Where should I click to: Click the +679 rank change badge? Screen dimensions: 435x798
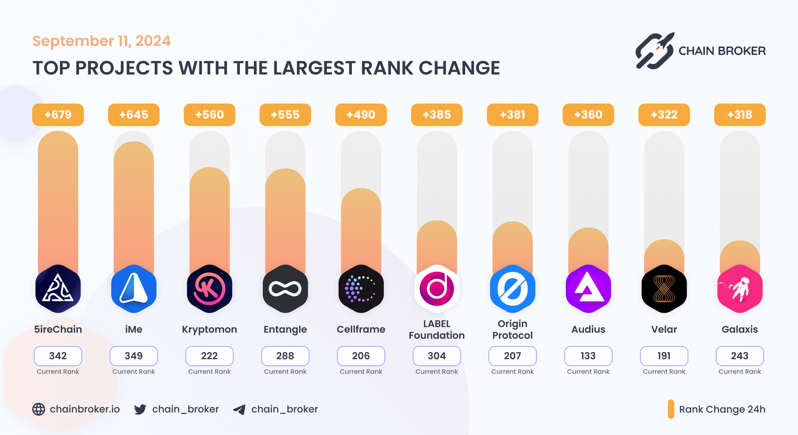58,115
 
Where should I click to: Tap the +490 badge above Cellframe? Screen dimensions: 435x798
361,115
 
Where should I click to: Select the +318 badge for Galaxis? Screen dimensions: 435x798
740,115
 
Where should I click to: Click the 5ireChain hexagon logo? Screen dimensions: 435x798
58,289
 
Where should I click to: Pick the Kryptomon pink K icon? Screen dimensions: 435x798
210,289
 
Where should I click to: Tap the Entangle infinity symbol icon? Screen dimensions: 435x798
285,289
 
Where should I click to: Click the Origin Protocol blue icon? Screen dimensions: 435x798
513,289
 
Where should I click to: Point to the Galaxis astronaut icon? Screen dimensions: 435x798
740,289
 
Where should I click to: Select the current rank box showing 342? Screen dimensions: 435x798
58,356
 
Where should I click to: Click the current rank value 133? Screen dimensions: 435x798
588,356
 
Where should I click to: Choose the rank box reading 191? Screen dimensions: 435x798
664,356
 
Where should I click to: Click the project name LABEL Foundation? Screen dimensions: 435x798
437,329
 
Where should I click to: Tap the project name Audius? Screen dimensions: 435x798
588,329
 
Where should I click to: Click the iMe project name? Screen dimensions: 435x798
134,329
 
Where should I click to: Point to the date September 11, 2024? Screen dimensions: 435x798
102,41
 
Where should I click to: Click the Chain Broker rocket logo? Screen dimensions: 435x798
655,51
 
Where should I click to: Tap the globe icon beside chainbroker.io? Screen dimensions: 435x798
39,409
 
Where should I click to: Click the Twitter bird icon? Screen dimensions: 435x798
140,409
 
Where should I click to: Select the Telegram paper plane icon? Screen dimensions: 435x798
239,410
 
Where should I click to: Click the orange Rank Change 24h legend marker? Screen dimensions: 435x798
671,409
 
